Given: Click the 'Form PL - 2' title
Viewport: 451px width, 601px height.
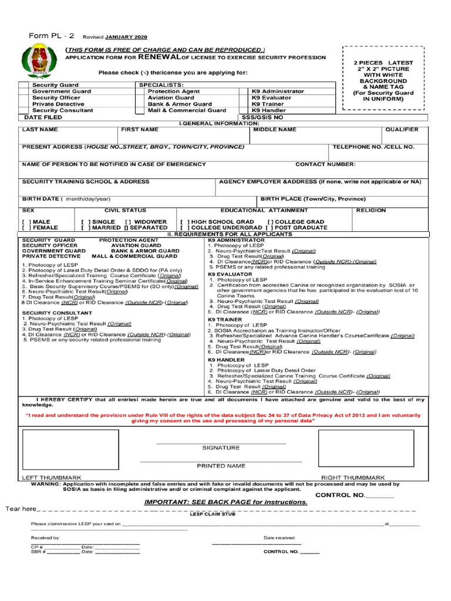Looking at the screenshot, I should (51, 36).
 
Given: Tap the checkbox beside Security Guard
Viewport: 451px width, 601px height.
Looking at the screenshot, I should (23, 85).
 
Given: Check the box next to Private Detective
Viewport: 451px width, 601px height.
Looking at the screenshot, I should (23, 104).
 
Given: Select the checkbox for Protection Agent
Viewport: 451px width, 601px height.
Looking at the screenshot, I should (139, 92).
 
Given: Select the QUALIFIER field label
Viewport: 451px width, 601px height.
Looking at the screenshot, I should (402, 129).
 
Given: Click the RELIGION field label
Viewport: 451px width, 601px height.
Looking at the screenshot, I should (371, 210).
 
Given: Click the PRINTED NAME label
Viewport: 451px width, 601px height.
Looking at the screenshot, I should (221, 465).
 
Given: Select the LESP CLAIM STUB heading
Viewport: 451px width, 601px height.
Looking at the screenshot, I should (212, 514).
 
